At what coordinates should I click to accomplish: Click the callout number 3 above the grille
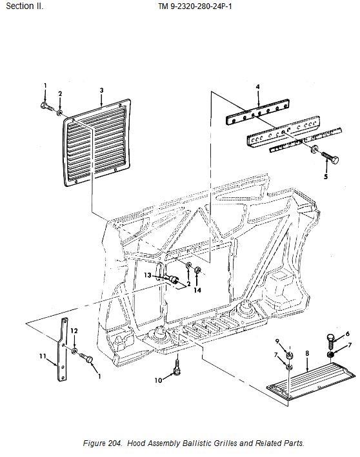coord(101,90)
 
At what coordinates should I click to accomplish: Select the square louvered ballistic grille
coord(97,142)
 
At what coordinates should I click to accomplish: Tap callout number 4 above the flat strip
coord(257,87)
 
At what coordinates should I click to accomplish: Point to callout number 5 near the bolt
coord(326,177)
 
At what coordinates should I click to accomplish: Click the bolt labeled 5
coord(330,157)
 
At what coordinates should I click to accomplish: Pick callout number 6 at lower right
coord(348,334)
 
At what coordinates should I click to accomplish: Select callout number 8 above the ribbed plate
coord(308,353)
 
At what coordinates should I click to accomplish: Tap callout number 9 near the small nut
coord(277,341)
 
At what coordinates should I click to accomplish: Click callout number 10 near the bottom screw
coord(158,380)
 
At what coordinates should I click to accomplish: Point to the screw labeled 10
coord(177,366)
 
